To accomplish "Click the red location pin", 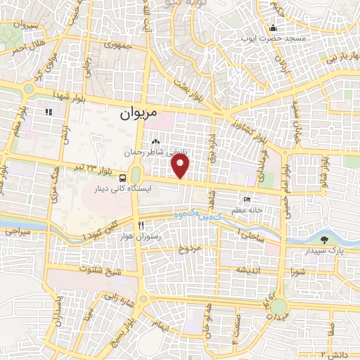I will pyautogui.click(x=181, y=166).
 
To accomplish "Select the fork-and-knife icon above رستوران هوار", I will pyautogui.click(x=141, y=226).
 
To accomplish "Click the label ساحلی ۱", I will pyautogui.click(x=251, y=235).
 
